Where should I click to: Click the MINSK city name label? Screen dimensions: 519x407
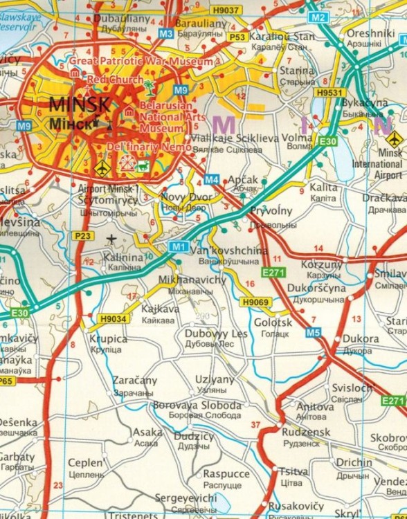(80, 106)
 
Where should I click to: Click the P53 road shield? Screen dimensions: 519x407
(237, 37)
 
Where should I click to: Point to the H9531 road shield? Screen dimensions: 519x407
(328, 92)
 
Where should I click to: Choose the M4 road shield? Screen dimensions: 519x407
(212, 180)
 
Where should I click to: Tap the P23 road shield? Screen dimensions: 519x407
(82, 236)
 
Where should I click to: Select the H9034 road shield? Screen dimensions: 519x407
(114, 319)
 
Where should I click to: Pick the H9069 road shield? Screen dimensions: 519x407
(254, 302)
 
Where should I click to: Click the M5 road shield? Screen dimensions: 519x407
(314, 333)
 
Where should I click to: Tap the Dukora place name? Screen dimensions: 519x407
(361, 339)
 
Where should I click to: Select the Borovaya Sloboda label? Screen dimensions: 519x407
(197, 405)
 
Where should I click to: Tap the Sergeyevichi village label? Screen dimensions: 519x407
(185, 498)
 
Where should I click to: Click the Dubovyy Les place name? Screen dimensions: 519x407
(216, 334)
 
